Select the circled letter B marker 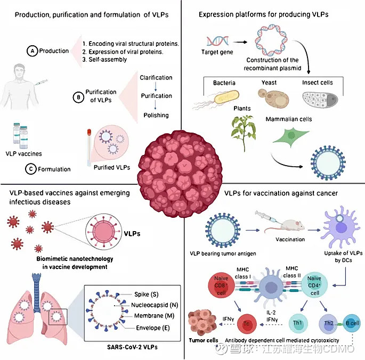[78, 98]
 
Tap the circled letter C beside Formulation [30, 169]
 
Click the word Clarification [156, 78]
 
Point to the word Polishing [156, 115]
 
